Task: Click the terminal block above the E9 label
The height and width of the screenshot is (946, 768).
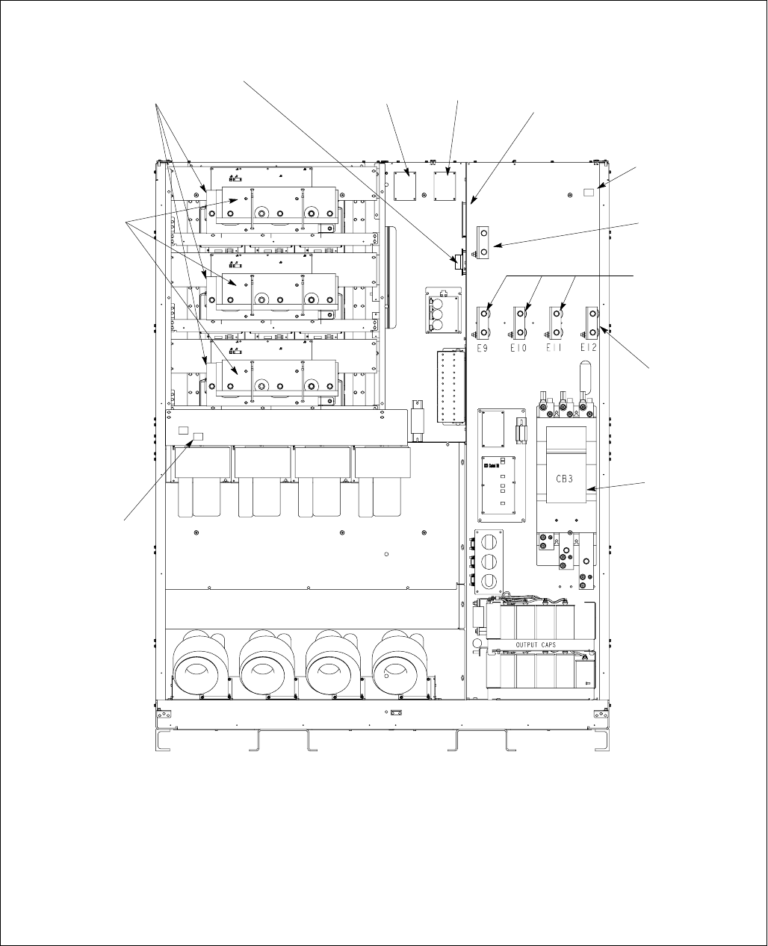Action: click(486, 322)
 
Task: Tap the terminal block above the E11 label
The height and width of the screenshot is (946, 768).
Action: click(556, 322)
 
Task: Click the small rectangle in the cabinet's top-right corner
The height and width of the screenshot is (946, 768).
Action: click(589, 193)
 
